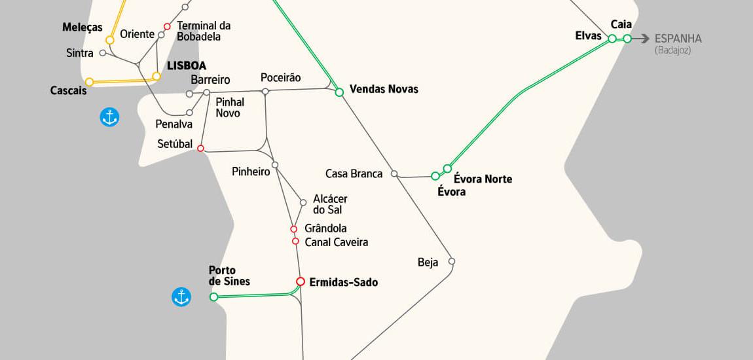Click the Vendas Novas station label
click(384, 89)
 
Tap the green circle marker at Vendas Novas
click(339, 92)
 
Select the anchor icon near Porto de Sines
click(181, 297)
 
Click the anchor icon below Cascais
click(109, 117)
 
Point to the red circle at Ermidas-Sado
click(301, 281)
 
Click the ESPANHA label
click(678, 39)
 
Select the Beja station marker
click(452, 261)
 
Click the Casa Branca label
click(354, 173)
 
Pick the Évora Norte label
click(483, 179)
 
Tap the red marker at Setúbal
click(200, 149)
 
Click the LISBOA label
click(187, 65)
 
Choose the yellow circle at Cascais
click(90, 82)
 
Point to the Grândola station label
click(325, 228)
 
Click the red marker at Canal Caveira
click(295, 242)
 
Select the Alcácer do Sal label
click(330, 204)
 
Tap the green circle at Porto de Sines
click(213, 297)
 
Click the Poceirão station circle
click(265, 92)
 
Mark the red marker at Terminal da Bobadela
click(167, 27)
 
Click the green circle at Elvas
click(612, 39)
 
